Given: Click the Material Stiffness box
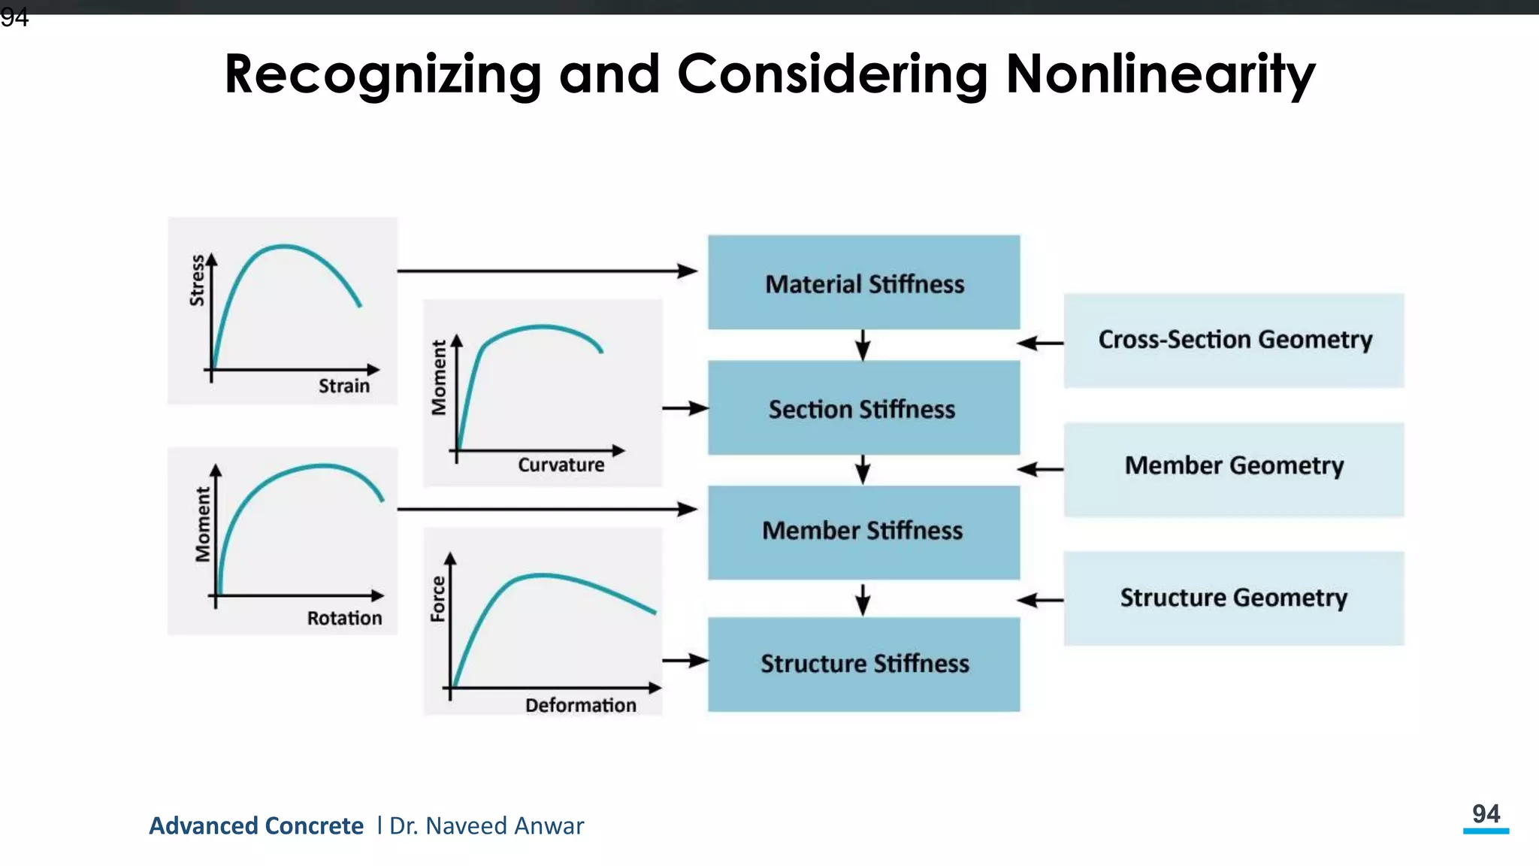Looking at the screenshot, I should coord(863,283).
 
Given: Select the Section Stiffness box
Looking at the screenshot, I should coord(863,408).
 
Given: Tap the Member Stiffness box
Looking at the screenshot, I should coord(863,531).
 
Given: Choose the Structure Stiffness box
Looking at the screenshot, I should coord(863,664).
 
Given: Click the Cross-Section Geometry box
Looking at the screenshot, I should coord(1234,340).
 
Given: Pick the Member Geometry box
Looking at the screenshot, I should coord(1234,466).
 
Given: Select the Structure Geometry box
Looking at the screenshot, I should coord(1234,598).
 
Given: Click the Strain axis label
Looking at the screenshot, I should coord(344,386).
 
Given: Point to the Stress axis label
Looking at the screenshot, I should coord(197,280).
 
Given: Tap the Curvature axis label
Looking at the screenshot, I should coord(561,465).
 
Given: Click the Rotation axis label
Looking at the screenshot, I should coord(344,619).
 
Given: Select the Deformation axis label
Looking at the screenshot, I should coord(580,705).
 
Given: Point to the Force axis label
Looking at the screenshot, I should coord(437,599).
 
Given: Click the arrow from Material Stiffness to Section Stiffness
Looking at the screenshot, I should coord(863,345).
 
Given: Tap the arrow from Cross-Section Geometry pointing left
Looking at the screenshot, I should coord(1040,344).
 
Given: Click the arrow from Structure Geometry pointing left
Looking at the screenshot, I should coord(1040,600).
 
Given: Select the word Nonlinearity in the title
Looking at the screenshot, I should coord(1160,74).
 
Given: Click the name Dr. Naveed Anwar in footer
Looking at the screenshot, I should coord(486,826).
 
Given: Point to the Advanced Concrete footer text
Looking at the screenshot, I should coord(256,826).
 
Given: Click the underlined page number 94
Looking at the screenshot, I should coord(1486,815).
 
